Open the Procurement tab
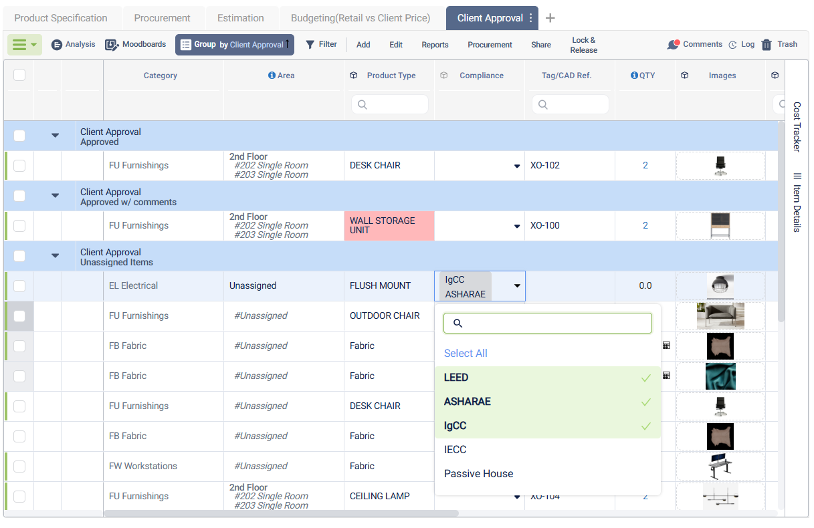[162, 18]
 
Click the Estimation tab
[241, 18]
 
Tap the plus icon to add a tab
[550, 18]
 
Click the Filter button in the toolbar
[321, 44]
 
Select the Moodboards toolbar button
[136, 44]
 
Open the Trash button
[779, 44]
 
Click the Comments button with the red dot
[694, 44]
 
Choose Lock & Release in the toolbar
[584, 45]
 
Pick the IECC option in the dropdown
[455, 450]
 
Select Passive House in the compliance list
[479, 474]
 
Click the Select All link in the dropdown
[466, 354]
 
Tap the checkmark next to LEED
[645, 378]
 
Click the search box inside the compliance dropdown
[547, 323]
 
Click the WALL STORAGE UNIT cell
[389, 225]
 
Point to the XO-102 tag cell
[545, 166]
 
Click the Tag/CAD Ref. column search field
[570, 104]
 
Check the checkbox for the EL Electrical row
[19, 286]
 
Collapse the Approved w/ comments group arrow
[56, 196]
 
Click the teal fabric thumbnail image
[720, 376]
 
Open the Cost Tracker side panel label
[797, 127]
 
